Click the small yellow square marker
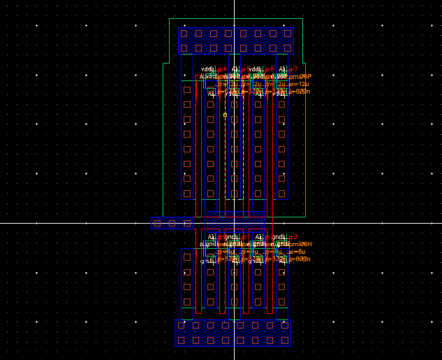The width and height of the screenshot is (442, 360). point(225,115)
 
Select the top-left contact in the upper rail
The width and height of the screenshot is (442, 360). point(184,34)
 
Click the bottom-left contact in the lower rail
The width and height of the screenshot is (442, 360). point(182,340)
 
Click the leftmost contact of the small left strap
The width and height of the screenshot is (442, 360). point(157,223)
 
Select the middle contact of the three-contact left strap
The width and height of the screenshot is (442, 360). point(172,223)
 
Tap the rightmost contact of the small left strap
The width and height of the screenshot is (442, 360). point(186,223)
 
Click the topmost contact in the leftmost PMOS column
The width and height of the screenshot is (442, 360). point(186,89)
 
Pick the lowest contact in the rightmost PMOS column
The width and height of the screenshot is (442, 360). point(283,194)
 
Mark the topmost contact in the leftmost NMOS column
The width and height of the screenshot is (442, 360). point(186,257)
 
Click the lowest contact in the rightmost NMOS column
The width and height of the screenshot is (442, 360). point(283,301)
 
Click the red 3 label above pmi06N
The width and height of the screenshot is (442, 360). point(295,236)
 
